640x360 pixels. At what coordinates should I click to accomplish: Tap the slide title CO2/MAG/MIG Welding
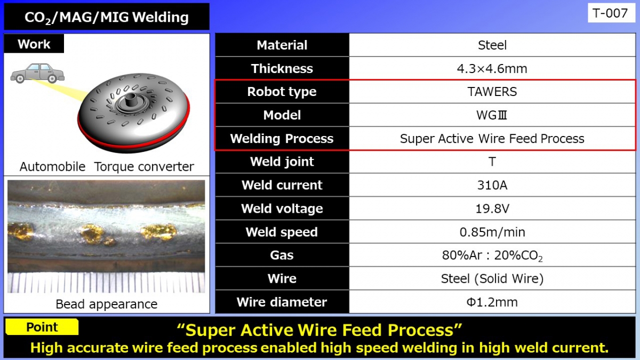(x=107, y=18)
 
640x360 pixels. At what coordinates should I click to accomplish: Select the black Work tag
(x=34, y=44)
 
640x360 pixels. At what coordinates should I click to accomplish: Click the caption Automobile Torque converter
(x=107, y=166)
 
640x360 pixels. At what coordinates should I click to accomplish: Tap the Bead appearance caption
(x=107, y=304)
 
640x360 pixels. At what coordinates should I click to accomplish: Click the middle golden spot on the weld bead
(x=92, y=232)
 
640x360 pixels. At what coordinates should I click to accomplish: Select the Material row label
(x=282, y=45)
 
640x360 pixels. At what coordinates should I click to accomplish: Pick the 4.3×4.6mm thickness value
(x=492, y=69)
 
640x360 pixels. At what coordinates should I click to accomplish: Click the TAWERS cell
(x=492, y=92)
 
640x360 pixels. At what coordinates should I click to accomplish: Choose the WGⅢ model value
(x=492, y=115)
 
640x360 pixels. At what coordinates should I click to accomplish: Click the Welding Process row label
(x=282, y=139)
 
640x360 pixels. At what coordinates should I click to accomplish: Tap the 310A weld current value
(x=492, y=185)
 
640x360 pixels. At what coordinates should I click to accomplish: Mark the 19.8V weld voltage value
(x=492, y=209)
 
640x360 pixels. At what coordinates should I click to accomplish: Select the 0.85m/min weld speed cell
(x=492, y=232)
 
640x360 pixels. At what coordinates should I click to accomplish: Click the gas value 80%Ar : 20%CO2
(x=492, y=255)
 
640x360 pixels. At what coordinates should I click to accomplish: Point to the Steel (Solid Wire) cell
(x=492, y=278)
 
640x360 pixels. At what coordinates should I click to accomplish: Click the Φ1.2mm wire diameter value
(x=492, y=302)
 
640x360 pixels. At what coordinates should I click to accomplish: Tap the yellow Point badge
(x=42, y=327)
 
